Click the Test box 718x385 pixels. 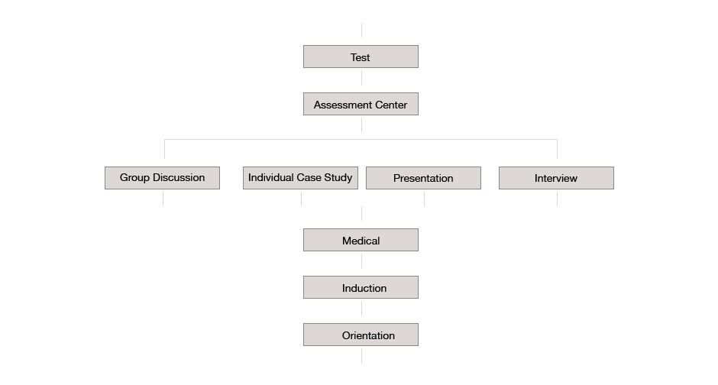coord(361,57)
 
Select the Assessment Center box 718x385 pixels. coord(361,104)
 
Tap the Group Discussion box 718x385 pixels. coord(162,178)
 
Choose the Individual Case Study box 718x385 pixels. coord(300,178)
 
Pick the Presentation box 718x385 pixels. coord(424,178)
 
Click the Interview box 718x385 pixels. coord(556,178)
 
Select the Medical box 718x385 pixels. coord(361,240)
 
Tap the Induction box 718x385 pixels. coord(361,287)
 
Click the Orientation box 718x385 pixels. coord(361,335)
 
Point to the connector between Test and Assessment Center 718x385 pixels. coord(362,77)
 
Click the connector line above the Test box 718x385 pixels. coord(362,31)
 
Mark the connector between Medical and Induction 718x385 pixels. coord(362,261)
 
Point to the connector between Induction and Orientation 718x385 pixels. coord(362,309)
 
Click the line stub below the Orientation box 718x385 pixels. coord(362,356)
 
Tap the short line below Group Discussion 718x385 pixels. coord(163,199)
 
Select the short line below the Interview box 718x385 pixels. coord(558,199)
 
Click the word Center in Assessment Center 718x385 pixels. coord(391,105)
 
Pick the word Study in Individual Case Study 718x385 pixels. coord(338,178)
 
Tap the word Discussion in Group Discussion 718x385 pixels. coord(179,178)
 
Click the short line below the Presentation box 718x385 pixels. coord(425,199)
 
